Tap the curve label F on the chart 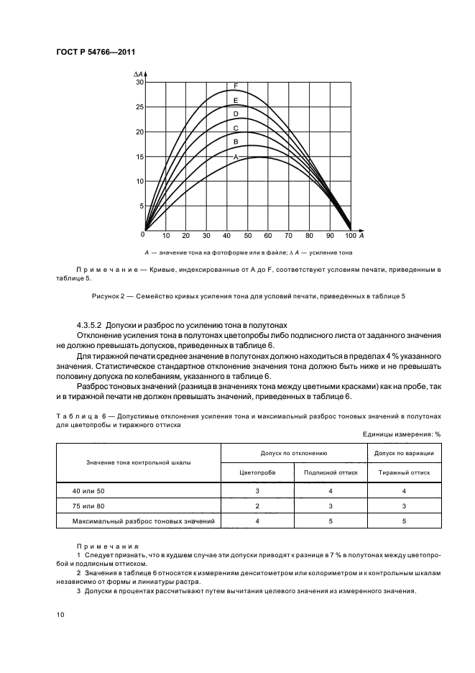(x=236, y=86)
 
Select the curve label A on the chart (x=235, y=156)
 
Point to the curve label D (x=236, y=114)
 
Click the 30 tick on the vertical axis (x=140, y=83)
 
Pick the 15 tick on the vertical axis (x=140, y=157)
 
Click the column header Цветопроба (x=257, y=473)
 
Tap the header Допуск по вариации (x=404, y=454)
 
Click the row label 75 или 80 (x=88, y=505)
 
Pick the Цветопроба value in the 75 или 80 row (x=257, y=505)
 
